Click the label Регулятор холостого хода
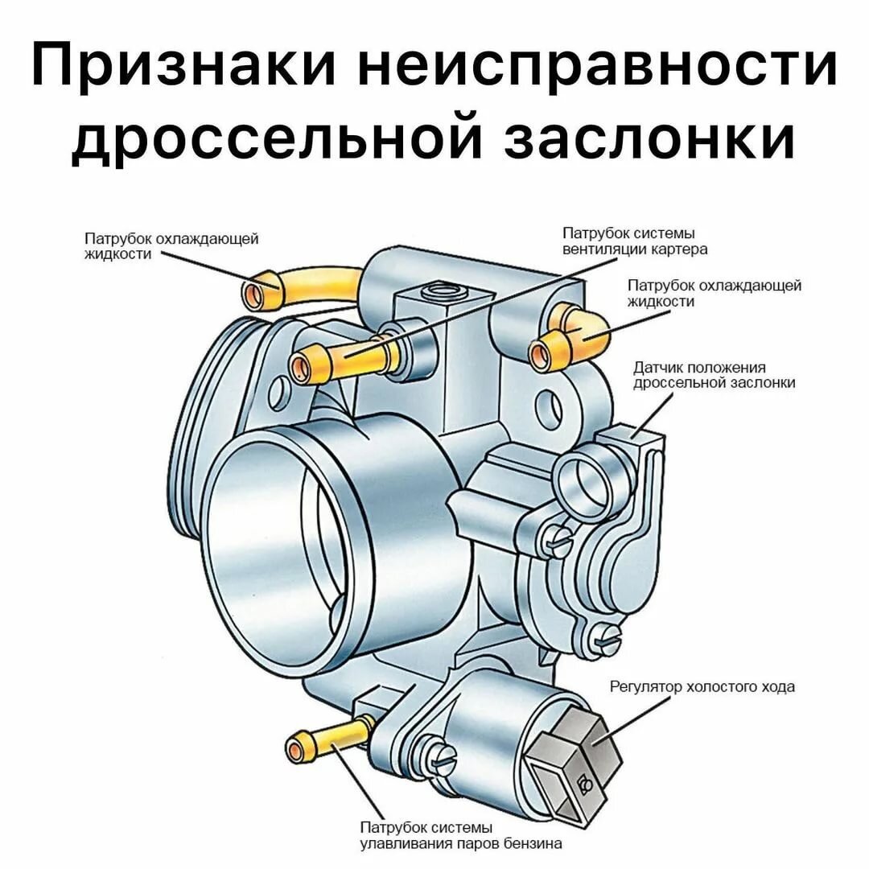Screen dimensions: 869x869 pyautogui.click(x=702, y=686)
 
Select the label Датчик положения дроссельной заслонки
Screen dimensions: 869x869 pyautogui.click(x=715, y=375)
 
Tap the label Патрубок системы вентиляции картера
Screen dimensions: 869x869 pyautogui.click(x=635, y=241)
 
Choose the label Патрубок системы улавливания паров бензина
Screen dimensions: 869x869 pyautogui.click(x=461, y=836)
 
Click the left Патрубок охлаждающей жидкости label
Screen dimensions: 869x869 pyautogui.click(x=171, y=246)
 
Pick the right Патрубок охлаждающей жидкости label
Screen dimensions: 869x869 pyautogui.click(x=715, y=293)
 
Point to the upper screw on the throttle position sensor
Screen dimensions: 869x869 pyautogui.click(x=556, y=539)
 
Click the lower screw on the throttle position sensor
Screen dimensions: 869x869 pyautogui.click(x=606, y=639)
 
